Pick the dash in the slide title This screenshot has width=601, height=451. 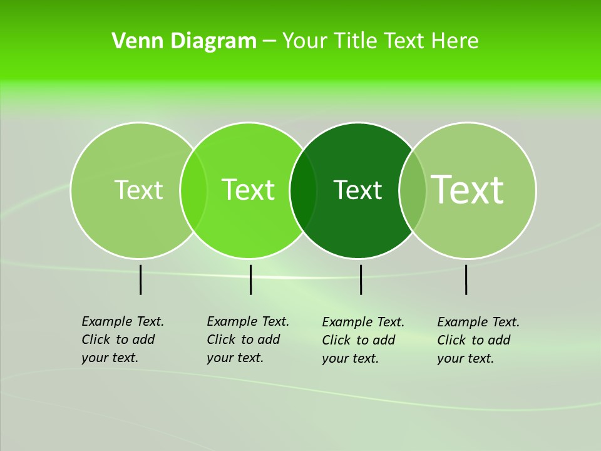[269, 41]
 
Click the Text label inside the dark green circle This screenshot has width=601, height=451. [357, 190]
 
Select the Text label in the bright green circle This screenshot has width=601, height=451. [248, 190]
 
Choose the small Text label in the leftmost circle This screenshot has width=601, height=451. [138, 190]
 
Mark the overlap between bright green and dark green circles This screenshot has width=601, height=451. [303, 190]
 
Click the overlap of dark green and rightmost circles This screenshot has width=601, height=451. [413, 190]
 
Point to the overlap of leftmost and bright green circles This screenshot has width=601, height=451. [193, 190]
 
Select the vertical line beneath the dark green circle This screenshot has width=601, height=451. [361, 279]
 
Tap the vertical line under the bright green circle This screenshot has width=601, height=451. [250, 279]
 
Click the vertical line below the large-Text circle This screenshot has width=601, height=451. [466, 279]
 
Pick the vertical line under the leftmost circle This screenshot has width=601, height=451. [140, 279]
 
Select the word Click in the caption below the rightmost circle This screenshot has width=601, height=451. [451, 340]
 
